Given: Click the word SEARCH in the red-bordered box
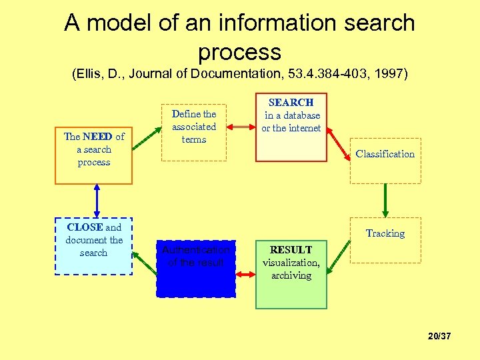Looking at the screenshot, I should [x=291, y=103].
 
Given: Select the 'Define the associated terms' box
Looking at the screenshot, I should [x=194, y=131].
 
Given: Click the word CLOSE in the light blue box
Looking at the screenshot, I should [x=85, y=227].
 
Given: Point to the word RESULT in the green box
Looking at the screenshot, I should [x=291, y=250].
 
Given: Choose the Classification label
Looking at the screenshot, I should [x=385, y=154].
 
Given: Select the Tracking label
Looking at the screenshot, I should [x=385, y=233].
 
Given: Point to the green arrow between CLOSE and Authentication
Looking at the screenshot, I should [x=144, y=253].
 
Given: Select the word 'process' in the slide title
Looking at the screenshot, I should [x=239, y=52].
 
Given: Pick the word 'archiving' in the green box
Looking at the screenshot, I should [x=291, y=275].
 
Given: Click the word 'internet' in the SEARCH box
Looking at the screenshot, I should [x=305, y=128].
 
